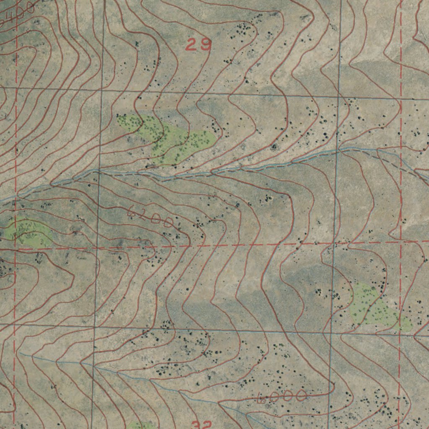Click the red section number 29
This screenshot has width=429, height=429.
[x=198, y=44]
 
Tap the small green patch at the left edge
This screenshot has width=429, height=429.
[x=28, y=233]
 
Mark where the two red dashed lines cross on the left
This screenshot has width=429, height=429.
[x=15, y=249]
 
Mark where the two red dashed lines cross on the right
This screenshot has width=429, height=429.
[x=401, y=242]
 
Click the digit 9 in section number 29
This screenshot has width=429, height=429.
[x=204, y=44]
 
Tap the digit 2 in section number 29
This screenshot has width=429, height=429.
[x=192, y=44]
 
